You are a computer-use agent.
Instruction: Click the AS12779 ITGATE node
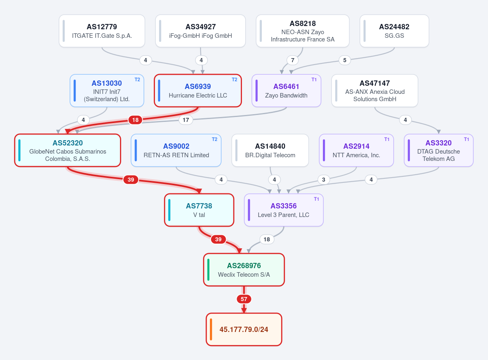coord(102,31)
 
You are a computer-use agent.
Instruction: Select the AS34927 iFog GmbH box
coord(200,31)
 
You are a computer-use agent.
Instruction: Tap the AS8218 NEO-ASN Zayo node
coord(303,31)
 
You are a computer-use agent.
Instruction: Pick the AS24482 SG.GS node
coord(394,31)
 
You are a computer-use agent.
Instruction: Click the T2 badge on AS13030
coord(137,80)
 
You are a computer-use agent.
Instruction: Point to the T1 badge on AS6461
coord(314,80)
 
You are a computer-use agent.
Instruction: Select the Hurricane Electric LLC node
coord(198,91)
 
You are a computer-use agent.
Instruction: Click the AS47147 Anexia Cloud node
coord(375,91)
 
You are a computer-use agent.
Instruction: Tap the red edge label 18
coord(135,120)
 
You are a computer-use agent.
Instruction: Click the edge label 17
coord(186,120)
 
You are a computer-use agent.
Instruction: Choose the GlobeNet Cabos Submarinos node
coord(68,150)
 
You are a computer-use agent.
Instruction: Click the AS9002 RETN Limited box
coord(176,150)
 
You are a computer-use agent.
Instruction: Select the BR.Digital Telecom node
coord(270,150)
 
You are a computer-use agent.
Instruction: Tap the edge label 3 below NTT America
coord(323,180)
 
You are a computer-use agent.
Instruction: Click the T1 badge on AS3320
coord(466,139)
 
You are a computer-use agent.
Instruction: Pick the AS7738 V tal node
coord(199,210)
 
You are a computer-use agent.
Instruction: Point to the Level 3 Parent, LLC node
coord(283,210)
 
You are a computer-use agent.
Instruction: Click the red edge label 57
coord(244,299)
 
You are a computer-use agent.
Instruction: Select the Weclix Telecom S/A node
coord(244,270)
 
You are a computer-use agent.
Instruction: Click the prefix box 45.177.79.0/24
coord(244,330)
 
